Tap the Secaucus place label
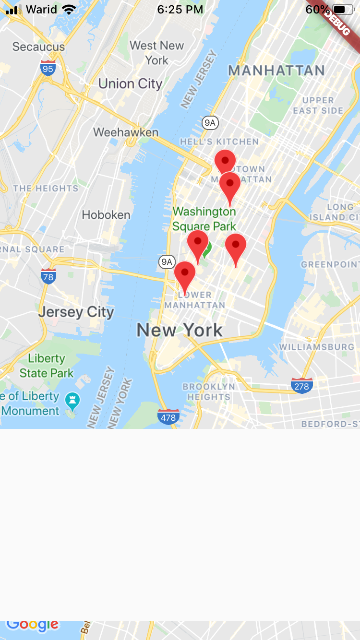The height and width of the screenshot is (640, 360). click(x=38, y=47)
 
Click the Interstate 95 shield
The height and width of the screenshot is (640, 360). click(x=48, y=69)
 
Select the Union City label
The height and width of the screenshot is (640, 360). click(x=130, y=84)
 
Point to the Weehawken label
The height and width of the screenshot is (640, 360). click(x=126, y=132)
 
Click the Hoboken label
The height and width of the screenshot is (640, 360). click(x=106, y=214)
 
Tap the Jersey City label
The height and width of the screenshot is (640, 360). click(x=76, y=312)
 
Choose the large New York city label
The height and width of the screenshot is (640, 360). click(x=180, y=330)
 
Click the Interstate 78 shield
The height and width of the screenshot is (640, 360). click(x=48, y=276)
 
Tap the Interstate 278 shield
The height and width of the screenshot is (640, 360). click(x=302, y=386)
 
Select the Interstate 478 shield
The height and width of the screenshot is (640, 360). click(x=168, y=417)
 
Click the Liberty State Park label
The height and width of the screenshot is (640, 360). click(x=47, y=366)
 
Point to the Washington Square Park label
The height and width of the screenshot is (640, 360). click(x=204, y=219)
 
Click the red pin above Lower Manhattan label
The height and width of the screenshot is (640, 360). click(x=185, y=274)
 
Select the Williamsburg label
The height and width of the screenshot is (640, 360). click(x=317, y=346)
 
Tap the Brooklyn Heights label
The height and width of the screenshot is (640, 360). click(x=209, y=391)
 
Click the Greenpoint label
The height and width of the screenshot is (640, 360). click(x=330, y=264)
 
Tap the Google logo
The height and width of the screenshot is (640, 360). click(x=33, y=624)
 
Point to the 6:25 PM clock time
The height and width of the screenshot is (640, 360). click(x=180, y=10)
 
